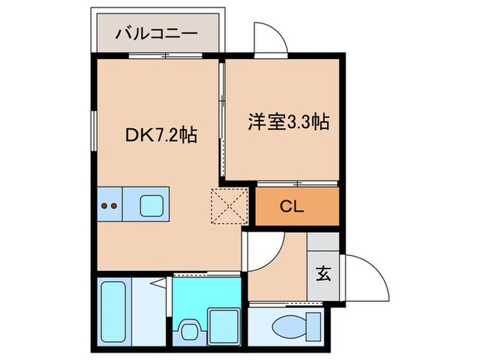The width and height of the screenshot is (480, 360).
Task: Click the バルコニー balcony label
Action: click(x=156, y=32)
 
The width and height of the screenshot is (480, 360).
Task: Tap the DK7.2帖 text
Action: click(x=161, y=135)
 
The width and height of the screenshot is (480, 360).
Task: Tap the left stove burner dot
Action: click(x=104, y=204)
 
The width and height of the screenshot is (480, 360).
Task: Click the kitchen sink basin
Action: click(x=151, y=204)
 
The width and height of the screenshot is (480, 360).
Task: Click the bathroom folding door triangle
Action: click(x=158, y=282)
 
